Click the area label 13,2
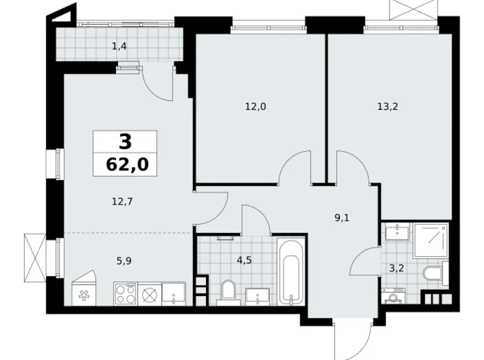point(387,106)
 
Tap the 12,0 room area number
point(254,106)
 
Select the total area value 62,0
point(125,165)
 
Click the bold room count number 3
point(125,142)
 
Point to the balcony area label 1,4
point(120,45)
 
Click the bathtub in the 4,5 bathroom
point(290,272)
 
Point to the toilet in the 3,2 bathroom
point(432,274)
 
